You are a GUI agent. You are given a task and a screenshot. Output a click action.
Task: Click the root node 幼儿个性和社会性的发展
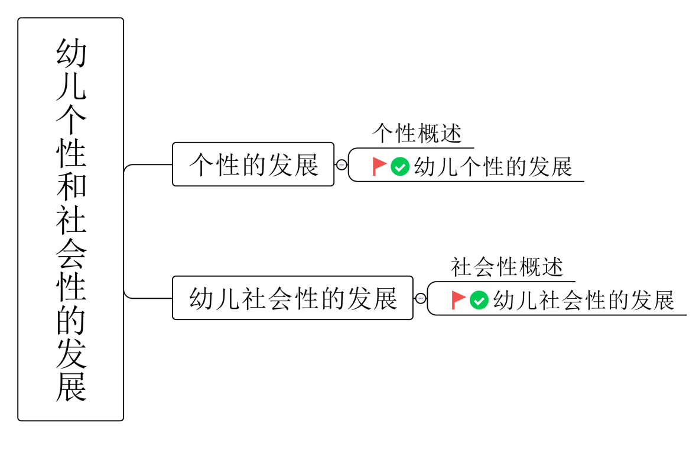[70, 219]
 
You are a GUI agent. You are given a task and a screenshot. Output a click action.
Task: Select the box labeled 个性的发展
[253, 164]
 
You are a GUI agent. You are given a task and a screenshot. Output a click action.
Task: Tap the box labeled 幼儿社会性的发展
[292, 298]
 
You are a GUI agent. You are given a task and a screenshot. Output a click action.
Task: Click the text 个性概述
[417, 134]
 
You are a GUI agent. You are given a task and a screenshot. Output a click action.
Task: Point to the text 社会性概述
[507, 267]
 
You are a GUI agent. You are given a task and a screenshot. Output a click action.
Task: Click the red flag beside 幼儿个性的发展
[379, 166]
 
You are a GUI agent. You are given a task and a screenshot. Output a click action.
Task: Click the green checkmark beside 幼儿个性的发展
[400, 167]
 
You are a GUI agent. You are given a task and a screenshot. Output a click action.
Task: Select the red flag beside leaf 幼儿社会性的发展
[458, 300]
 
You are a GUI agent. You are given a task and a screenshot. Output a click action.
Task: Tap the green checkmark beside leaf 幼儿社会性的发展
[479, 300]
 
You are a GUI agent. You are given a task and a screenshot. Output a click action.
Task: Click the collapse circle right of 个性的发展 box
[342, 164]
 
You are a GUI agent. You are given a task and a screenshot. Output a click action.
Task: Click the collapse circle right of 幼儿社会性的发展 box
[421, 298]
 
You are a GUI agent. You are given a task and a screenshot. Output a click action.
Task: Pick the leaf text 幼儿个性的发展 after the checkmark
[493, 167]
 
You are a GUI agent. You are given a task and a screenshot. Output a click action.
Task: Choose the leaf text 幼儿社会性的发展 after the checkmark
[584, 301]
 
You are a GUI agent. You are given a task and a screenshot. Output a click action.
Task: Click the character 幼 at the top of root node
[71, 53]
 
